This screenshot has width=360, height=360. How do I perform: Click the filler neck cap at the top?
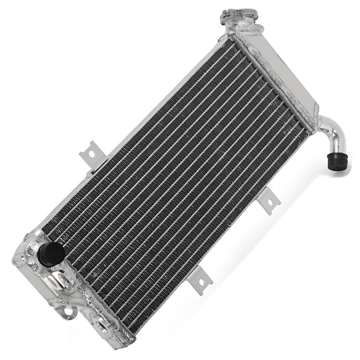tap(239, 14)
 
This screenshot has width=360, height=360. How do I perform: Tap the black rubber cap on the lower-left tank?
tap(51, 254)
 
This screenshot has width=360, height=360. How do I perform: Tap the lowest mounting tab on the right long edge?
tap(201, 279)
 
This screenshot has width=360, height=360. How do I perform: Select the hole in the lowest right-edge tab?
tap(202, 280)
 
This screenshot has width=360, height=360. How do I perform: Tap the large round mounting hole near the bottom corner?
tap(102, 325)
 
